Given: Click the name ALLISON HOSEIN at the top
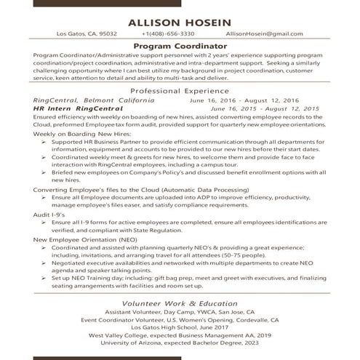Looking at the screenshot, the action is coord(180,22).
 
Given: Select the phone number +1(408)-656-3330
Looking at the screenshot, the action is coord(168,34).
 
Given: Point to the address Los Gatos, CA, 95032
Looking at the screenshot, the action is coord(87,34).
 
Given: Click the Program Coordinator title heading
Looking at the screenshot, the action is coord(180,47).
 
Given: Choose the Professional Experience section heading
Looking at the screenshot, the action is coord(180,91).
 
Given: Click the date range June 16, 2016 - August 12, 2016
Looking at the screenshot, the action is coord(254,101).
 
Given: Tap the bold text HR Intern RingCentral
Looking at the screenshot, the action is coord(79,109).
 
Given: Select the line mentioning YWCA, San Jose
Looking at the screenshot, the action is coord(180,311).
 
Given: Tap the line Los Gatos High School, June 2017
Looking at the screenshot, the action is coord(180,327).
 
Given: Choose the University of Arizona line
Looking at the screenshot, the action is coord(180,343).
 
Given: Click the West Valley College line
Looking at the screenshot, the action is coord(180,335).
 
